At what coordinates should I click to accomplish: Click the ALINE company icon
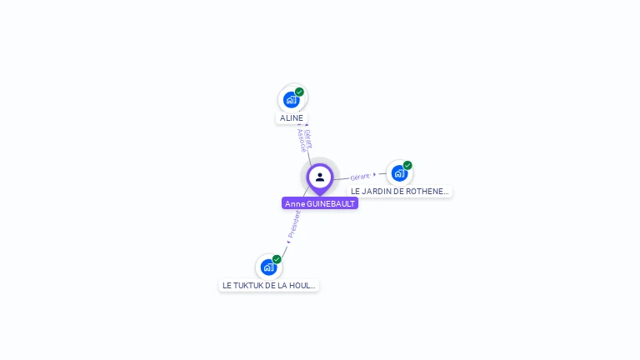point(291,99)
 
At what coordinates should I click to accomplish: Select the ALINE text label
point(292,118)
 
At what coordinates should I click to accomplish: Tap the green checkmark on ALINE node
point(299,92)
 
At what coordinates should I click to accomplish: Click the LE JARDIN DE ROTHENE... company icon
point(399,172)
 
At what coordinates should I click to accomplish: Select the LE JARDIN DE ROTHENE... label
point(400,191)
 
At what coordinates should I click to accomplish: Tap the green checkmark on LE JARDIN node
point(407,165)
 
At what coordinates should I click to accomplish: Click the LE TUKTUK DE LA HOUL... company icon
point(268,267)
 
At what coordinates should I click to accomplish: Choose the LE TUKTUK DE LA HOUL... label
point(268,285)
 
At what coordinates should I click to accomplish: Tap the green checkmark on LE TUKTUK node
point(277,259)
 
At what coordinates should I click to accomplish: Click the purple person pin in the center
point(320,177)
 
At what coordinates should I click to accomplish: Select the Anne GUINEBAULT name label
point(320,203)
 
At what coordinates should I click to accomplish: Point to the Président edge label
point(294,224)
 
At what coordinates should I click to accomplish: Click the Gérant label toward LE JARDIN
point(360,177)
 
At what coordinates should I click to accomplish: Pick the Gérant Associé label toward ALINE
point(305,139)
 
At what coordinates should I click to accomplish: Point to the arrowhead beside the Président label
point(288,242)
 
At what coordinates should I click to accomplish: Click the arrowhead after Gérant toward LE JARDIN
point(375,174)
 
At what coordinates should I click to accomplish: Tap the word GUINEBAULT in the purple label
point(332,203)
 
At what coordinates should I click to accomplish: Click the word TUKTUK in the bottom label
point(252,285)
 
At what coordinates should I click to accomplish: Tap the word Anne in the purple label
point(295,203)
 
